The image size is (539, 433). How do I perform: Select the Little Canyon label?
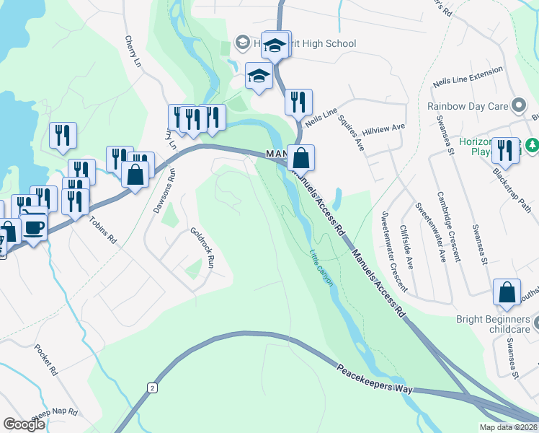point(321,268)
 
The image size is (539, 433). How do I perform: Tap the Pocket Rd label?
point(45,360)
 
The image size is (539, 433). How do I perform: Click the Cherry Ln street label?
point(133,52)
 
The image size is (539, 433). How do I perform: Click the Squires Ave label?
point(354,131)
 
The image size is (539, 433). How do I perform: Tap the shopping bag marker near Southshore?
point(507,292)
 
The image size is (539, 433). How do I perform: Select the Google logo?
point(24,424)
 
